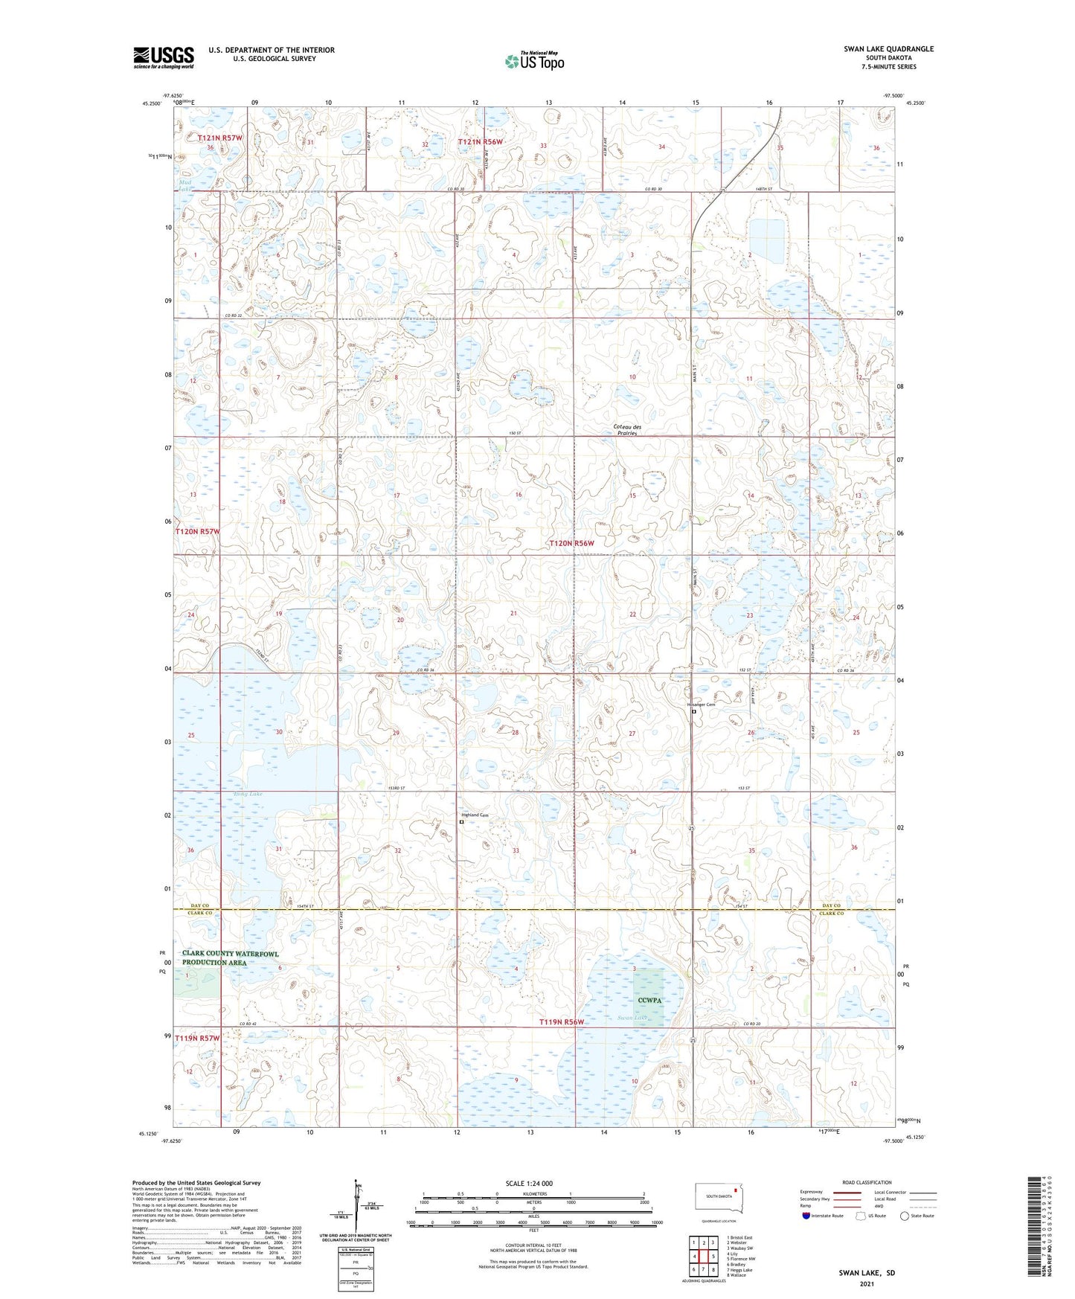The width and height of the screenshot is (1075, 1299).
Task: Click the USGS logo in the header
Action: tap(164, 57)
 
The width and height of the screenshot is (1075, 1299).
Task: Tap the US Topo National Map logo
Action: tap(534, 60)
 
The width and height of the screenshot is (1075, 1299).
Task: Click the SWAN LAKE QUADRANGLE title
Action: tap(888, 49)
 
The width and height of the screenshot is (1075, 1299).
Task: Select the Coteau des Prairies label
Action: tap(626, 429)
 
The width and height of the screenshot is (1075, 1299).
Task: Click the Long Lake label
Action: tap(248, 794)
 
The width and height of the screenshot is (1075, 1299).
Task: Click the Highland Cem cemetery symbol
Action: tap(461, 822)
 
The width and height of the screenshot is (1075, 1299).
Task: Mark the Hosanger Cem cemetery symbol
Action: tap(694, 711)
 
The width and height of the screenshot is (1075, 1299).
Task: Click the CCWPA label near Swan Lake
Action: tap(649, 1000)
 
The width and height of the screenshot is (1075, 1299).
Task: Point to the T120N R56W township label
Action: tap(571, 543)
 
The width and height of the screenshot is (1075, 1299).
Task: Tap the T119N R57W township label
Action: tap(198, 1038)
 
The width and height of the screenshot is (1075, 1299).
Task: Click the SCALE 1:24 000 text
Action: tap(528, 1183)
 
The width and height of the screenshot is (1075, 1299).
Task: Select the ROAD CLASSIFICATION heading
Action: tap(866, 1182)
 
